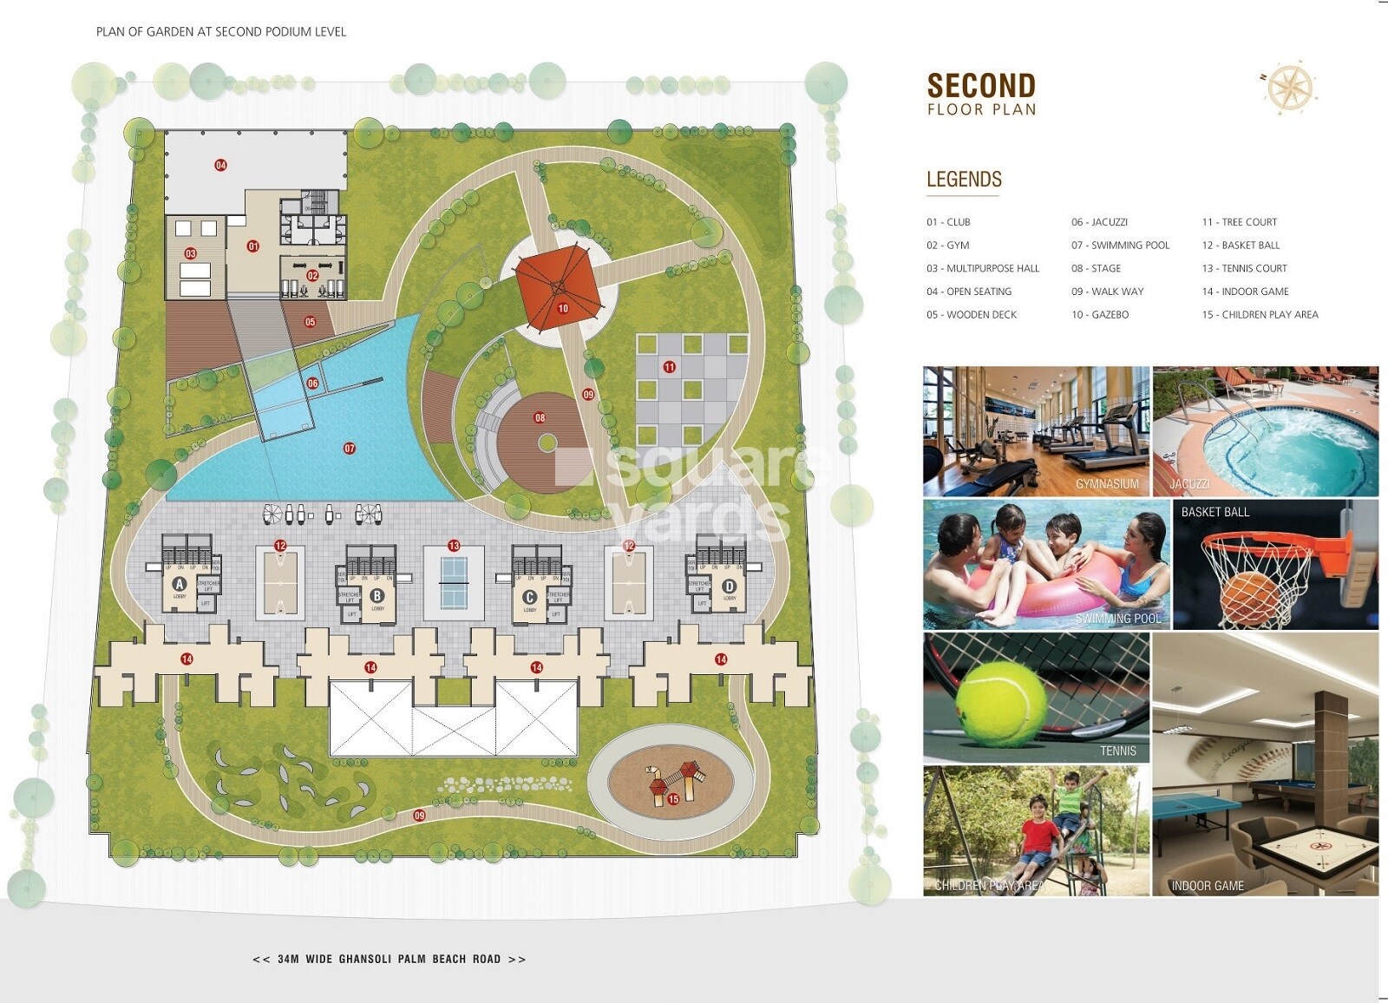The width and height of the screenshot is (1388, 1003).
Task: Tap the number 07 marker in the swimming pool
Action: [x=350, y=449]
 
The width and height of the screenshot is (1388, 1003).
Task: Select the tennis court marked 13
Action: [x=454, y=581]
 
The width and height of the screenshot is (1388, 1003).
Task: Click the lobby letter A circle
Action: [x=180, y=584]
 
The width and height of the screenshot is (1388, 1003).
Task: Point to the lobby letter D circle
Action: [x=730, y=587]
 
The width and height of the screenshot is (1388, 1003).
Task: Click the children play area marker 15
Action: [x=673, y=799]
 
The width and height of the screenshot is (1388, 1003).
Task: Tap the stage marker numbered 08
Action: [x=540, y=418]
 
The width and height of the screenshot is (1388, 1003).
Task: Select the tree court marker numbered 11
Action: [x=670, y=367]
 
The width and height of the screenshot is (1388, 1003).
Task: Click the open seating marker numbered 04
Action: [x=221, y=165]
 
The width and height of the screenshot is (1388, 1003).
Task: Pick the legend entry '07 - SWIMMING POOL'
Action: [x=1120, y=246]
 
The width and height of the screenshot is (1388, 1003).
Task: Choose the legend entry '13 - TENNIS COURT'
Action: [x=1244, y=269]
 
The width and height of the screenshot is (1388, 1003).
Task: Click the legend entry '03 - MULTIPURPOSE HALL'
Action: [x=982, y=269]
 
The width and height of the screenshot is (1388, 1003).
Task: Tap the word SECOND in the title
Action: [x=981, y=86]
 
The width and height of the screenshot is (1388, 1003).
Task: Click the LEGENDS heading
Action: [x=964, y=180]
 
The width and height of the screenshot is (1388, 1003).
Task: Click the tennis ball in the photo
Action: [x=1002, y=704]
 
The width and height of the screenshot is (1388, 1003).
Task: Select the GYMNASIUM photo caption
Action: [x=1107, y=484]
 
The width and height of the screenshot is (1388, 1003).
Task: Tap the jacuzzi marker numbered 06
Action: [x=312, y=383]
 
